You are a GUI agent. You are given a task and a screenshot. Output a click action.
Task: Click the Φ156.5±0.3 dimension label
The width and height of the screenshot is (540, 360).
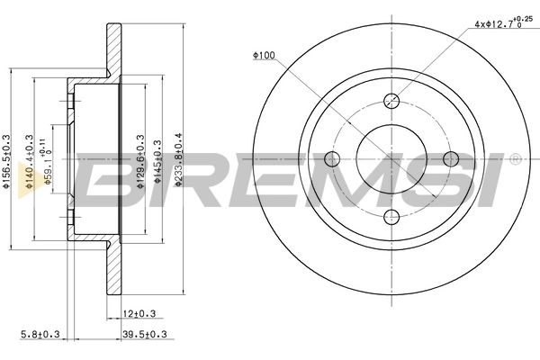click(x=7, y=161)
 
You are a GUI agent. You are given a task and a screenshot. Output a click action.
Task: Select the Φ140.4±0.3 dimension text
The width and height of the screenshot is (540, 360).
click(x=31, y=161)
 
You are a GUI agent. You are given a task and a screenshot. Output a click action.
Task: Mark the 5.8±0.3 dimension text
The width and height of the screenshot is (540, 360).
click(x=40, y=336)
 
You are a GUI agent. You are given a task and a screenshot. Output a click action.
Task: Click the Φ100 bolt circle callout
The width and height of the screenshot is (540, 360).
click(x=264, y=56)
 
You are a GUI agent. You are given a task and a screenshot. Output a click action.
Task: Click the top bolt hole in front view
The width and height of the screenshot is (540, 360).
click(x=391, y=101)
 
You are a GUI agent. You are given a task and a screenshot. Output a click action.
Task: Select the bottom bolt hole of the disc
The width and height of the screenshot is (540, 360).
click(x=391, y=217)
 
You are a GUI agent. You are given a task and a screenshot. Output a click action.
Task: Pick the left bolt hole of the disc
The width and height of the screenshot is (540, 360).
click(x=332, y=159)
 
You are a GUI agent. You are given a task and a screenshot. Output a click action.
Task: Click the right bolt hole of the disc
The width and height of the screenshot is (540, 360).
click(x=448, y=159)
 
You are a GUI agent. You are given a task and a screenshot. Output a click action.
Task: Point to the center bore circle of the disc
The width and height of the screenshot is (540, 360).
click(x=391, y=159)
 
